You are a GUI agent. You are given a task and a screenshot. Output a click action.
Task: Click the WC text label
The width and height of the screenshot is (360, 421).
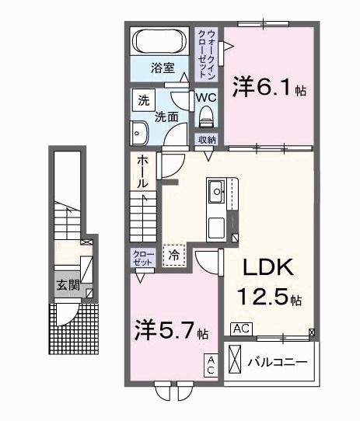click(x=205, y=98)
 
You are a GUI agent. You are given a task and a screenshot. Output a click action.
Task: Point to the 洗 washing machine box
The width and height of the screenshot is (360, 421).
click(x=143, y=99)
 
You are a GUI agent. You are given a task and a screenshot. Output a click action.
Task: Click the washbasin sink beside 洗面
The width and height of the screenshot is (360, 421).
click(x=141, y=134)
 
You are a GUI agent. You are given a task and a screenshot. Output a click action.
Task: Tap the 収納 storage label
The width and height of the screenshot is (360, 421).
click(x=206, y=140)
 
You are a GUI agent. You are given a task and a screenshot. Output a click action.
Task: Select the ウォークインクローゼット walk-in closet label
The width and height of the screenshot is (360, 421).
click(x=208, y=50)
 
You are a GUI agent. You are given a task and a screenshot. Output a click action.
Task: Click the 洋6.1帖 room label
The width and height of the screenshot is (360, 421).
click(x=269, y=89)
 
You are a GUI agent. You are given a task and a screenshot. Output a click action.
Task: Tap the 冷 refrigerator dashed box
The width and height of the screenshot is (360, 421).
click(x=174, y=254)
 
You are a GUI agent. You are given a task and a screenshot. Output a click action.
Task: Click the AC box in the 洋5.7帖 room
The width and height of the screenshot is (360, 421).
click(x=210, y=365)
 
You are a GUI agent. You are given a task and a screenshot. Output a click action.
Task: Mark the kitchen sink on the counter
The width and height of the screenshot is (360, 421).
click(x=216, y=190)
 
